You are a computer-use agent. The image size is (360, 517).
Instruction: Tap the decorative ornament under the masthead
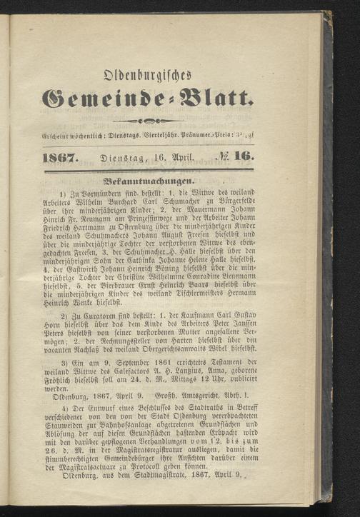(x=182, y=121)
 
